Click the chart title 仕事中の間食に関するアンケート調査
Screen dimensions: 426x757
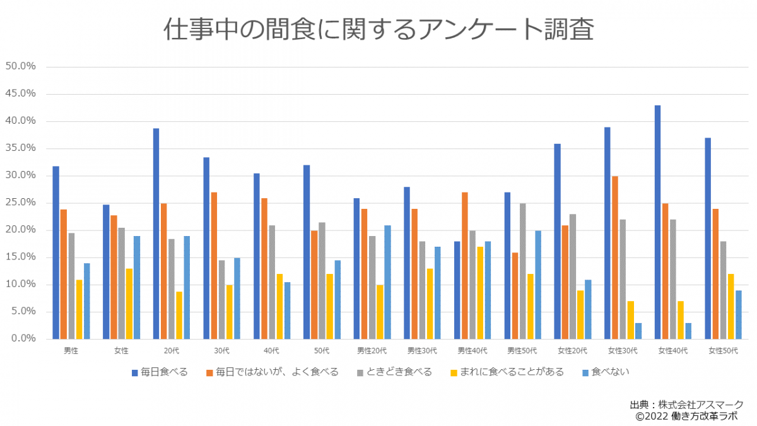[378, 29]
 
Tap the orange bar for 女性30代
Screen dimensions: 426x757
[615, 257]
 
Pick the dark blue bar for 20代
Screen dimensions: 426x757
[156, 234]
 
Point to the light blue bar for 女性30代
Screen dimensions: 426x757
[638, 331]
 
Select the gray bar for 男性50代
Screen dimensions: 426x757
[522, 271]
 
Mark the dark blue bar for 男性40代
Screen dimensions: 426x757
[457, 290]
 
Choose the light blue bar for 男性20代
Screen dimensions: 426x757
[387, 282]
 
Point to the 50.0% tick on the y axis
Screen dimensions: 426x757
[21, 66]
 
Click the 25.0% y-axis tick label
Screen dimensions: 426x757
[21, 203]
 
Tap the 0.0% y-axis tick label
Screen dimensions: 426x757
[23, 339]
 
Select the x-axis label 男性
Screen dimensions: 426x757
[71, 350]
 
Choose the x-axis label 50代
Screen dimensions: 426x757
[322, 350]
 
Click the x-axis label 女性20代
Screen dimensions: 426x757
[572, 350]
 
